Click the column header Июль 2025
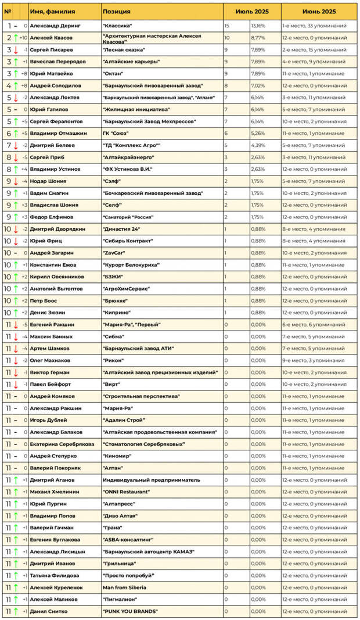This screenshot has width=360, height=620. (252, 12)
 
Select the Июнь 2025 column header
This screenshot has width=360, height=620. (319, 12)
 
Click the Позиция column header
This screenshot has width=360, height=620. (117, 12)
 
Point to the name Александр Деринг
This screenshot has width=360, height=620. (56, 26)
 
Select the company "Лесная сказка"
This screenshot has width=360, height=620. (124, 50)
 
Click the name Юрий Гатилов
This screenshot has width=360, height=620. (49, 109)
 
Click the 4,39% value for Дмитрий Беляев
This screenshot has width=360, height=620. (258, 145)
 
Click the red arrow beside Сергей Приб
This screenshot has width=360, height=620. (16, 157)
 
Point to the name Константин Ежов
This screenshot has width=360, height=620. (53, 264)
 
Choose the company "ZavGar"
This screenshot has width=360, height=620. (114, 253)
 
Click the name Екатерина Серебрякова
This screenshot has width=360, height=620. (62, 444)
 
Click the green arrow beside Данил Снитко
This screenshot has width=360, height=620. (16, 611)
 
